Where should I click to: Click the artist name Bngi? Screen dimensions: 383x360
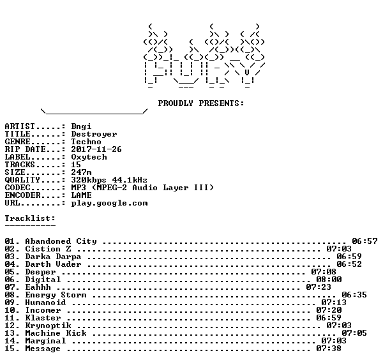coord(81,126)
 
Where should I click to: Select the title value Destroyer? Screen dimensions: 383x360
coord(94,134)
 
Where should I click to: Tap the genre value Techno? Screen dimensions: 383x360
coord(86,142)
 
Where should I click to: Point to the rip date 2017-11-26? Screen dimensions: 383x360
coord(96,149)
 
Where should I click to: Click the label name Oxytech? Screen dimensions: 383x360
coord(89,157)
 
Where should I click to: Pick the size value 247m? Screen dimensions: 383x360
coord(81,172)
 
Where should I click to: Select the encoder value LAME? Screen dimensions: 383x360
coord(81,195)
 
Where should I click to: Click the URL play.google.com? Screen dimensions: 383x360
coord(109,203)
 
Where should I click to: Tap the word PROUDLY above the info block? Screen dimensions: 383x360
coord(176,103)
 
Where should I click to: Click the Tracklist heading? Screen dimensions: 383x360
coord(30,218)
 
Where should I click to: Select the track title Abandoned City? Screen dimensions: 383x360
coord(61,241)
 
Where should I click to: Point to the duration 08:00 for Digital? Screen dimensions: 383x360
coord(329,280)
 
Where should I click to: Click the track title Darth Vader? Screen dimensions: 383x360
coord(53,264)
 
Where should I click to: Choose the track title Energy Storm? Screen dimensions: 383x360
coord(56,295)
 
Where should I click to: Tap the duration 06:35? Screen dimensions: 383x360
coord(354,295)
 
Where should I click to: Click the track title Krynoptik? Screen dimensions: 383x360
coord(49,326)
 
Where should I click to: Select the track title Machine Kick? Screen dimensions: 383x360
coord(56,333)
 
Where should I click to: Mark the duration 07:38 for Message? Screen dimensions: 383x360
coord(329,349)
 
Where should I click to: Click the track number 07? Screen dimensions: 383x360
coord(10,287)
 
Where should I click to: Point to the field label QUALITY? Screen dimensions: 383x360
coord(22,180)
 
